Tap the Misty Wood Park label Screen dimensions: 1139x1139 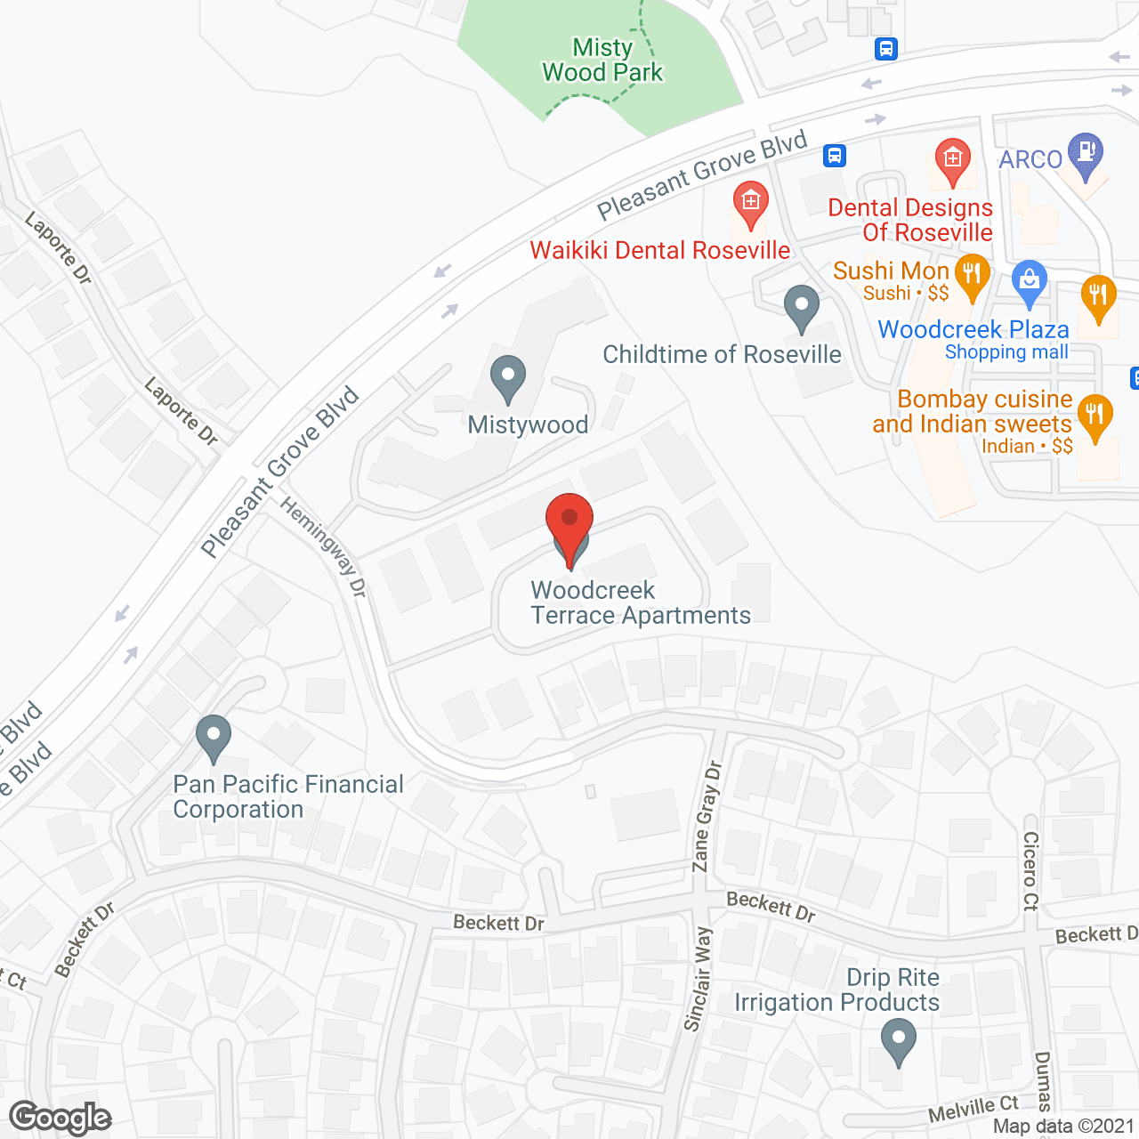(602, 60)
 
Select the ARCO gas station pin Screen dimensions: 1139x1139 (1085, 153)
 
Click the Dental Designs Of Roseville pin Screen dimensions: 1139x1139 (952, 160)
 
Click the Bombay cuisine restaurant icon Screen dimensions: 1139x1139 (1095, 415)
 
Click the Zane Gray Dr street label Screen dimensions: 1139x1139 (707, 816)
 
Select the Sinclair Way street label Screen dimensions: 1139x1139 (699, 979)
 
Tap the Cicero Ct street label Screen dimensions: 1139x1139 (1030, 871)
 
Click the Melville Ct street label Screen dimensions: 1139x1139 (973, 1109)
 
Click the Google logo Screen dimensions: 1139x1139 (61, 1118)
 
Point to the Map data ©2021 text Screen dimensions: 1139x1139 (1063, 1127)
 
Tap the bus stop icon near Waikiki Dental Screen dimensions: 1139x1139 (834, 156)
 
